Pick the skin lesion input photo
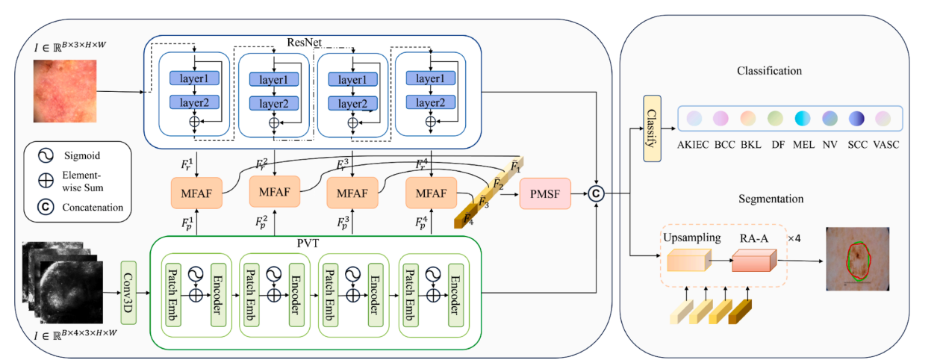pyautogui.click(x=65, y=92)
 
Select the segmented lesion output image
pyautogui.click(x=859, y=258)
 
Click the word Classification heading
pyautogui.click(x=769, y=71)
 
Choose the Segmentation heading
pyautogui.click(x=771, y=199)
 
